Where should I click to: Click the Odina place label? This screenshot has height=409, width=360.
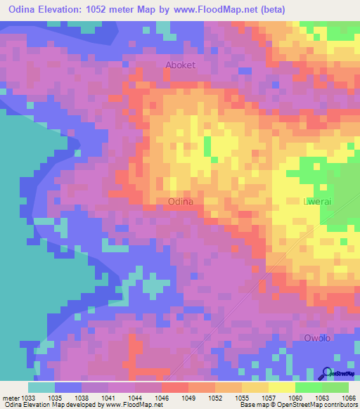coord(181,201)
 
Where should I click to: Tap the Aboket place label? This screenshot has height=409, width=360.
coord(180,65)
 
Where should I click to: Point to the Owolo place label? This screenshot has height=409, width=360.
coord(317,338)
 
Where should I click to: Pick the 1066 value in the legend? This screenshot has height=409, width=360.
coord(349,398)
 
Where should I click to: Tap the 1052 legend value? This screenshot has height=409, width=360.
coord(214,398)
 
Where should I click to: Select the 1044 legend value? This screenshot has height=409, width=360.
coord(134,398)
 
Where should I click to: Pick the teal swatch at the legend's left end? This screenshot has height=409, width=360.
coord(41,387)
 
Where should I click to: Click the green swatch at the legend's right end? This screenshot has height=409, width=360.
coord(335,387)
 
